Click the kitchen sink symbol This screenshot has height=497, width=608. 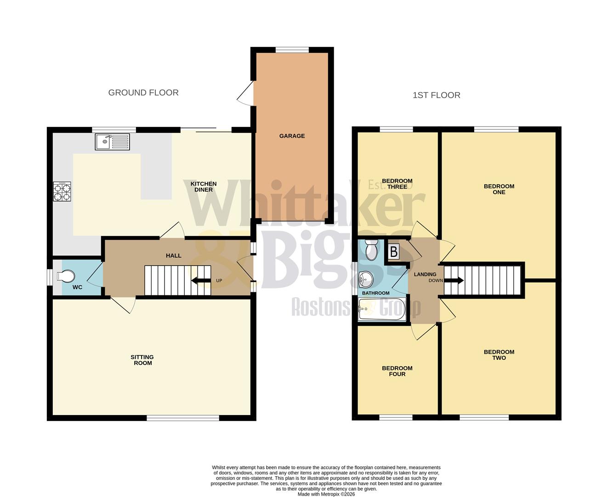(113, 142)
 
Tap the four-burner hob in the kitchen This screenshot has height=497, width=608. (63, 192)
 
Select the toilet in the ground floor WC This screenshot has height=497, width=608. (66, 276)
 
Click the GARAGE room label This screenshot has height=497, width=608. (292, 136)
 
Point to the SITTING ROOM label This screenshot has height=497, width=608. (142, 360)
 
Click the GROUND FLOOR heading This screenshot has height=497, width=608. (143, 92)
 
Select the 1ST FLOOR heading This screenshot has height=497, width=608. (436, 95)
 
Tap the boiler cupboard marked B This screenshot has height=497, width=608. (394, 252)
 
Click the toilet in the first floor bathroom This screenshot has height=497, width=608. (370, 250)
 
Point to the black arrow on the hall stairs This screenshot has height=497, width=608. (199, 281)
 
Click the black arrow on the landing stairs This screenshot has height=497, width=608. (455, 280)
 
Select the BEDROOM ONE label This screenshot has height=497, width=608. (499, 189)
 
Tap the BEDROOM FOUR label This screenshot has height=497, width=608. (397, 371)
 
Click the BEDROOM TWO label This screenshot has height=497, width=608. (499, 355)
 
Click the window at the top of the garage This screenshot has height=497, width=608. (292, 50)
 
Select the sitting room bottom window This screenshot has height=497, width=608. (183, 418)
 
